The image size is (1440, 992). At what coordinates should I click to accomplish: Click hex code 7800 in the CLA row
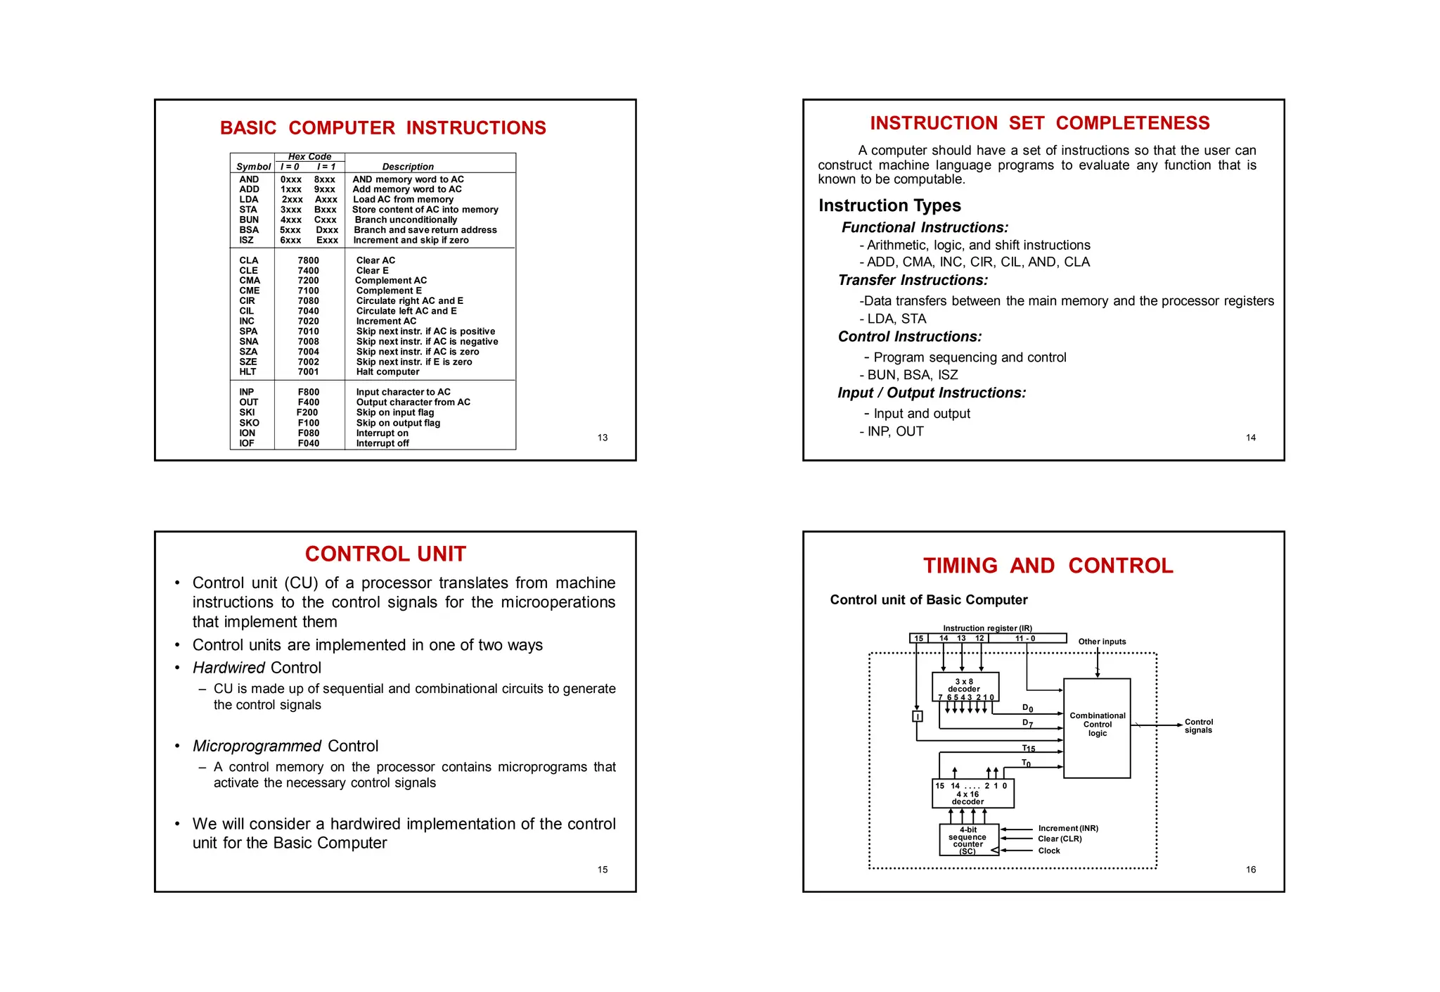click(x=308, y=260)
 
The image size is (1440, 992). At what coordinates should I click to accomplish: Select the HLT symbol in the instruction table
click(x=247, y=372)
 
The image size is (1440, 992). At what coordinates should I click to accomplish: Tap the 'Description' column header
click(x=408, y=167)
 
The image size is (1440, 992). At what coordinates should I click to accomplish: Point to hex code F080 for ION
click(x=308, y=433)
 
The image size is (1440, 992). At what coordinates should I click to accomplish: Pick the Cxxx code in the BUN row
click(x=325, y=220)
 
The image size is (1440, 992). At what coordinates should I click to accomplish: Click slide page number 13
click(x=603, y=438)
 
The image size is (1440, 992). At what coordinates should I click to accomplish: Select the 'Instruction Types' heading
click(x=889, y=205)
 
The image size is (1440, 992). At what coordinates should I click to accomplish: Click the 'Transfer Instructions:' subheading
click(x=913, y=280)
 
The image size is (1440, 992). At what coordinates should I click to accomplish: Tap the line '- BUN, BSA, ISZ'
click(x=908, y=375)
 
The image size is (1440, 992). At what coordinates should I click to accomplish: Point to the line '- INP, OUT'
click(x=892, y=431)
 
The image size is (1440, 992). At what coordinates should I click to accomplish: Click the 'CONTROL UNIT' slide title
click(x=385, y=554)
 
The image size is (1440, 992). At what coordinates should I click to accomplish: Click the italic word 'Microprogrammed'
click(x=257, y=746)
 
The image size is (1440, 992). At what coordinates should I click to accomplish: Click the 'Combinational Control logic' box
click(x=1097, y=727)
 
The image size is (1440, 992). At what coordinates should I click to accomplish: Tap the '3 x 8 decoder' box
click(x=965, y=686)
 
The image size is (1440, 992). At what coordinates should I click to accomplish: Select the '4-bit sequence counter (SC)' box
click(x=968, y=840)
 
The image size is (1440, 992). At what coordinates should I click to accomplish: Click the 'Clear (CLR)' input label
click(x=1060, y=839)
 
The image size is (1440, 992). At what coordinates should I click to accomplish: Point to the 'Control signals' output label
click(x=1198, y=726)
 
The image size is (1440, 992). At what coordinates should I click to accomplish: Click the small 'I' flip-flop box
click(x=917, y=716)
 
